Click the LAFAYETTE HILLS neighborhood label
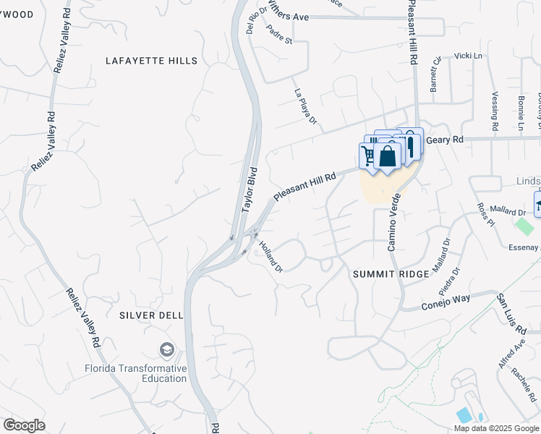coord(151,61)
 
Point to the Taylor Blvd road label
coord(250,190)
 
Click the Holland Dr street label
coord(270,257)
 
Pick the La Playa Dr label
coord(306,106)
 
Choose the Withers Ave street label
coord(289,14)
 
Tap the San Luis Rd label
coord(510,313)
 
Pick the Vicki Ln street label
coord(468,56)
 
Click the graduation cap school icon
coord(168,350)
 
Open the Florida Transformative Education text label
coord(135,373)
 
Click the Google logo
coord(25,425)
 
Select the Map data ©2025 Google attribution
coord(497,428)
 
